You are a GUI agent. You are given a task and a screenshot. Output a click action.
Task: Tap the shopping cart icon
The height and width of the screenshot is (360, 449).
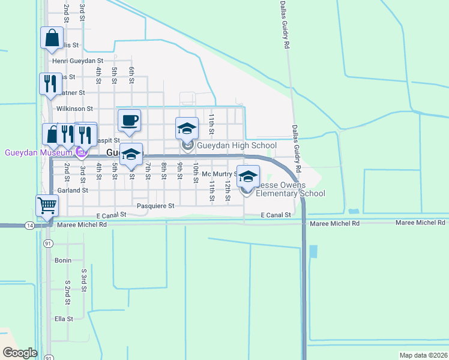click(47, 205)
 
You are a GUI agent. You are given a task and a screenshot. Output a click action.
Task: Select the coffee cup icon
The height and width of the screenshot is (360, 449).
click(129, 119)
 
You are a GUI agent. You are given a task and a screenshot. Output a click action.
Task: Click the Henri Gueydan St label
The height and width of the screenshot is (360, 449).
click(78, 61)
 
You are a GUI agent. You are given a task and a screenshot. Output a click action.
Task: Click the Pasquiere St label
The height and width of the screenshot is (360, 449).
click(155, 206)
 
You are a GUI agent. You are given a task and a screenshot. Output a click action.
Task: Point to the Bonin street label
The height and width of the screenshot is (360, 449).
click(63, 260)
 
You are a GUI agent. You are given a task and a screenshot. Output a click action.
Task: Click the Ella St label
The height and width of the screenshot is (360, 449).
click(64, 319)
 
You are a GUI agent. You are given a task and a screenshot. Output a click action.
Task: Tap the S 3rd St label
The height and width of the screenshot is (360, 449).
click(84, 279)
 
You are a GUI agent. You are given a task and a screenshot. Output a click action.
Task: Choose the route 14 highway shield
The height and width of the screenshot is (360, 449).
click(29, 224)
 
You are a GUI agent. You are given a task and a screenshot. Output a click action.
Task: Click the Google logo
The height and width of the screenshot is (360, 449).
click(20, 353)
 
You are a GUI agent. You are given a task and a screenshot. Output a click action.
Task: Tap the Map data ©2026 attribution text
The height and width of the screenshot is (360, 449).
click(423, 355)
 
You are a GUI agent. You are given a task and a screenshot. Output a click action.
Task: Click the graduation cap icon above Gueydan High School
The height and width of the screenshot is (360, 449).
click(187, 127)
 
